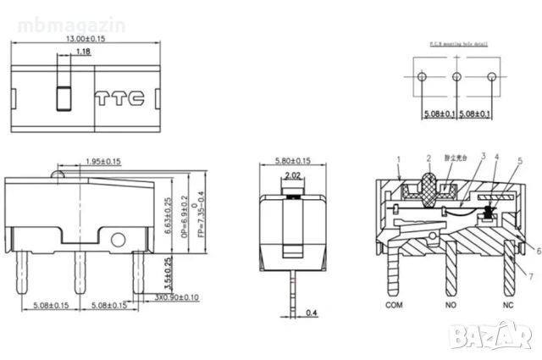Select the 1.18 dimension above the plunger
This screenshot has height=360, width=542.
[83, 53]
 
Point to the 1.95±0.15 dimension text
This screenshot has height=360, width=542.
[102, 161]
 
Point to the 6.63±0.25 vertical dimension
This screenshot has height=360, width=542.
[169, 217]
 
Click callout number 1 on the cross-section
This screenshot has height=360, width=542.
[397, 158]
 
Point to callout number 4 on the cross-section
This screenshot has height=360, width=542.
[496, 158]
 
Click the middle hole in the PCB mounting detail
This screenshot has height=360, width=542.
[456, 77]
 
